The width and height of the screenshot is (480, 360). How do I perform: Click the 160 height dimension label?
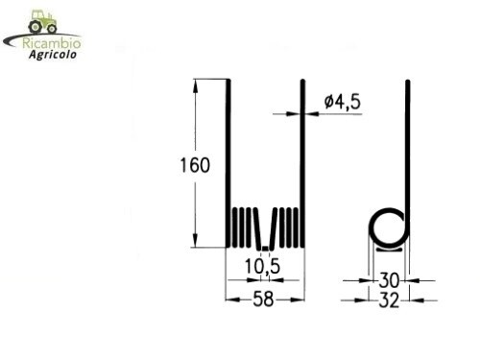click(x=195, y=165)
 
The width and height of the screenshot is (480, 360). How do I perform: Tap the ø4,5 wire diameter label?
click(x=343, y=102)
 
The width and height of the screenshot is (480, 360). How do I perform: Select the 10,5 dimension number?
click(x=262, y=266)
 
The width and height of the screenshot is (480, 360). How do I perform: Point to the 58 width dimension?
click(x=263, y=300)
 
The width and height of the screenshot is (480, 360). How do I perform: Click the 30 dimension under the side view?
click(x=389, y=280)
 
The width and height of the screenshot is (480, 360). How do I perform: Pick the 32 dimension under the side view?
click(x=389, y=300)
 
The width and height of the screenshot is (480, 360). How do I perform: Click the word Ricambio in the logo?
click(x=52, y=43)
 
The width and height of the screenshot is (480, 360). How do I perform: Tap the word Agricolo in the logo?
click(x=53, y=55)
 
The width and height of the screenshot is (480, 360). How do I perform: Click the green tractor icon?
click(x=43, y=22)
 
